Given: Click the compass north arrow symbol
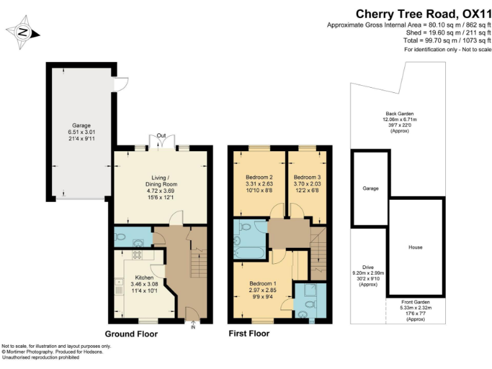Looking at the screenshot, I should coord(22,31).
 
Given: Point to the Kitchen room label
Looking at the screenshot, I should coord(144,277).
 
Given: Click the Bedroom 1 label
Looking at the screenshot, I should coord(262,284).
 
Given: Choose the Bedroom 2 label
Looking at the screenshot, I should coord(259,177).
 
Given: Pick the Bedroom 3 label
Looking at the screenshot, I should coord(307,177).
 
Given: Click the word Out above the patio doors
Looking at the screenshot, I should coord(161,136).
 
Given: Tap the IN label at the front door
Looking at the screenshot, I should coord(193,327).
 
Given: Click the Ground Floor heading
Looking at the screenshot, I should coord(131,334).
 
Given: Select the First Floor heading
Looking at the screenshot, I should coord(249,334).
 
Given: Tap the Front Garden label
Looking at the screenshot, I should coord(416,301).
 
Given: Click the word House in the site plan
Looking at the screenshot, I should coord(415,247).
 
